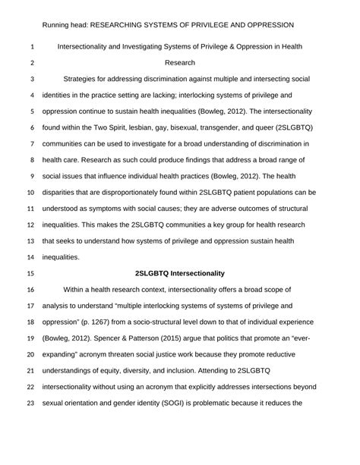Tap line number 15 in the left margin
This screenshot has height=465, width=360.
32,272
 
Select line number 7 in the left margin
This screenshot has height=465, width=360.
32,143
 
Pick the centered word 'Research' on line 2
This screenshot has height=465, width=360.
179,62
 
